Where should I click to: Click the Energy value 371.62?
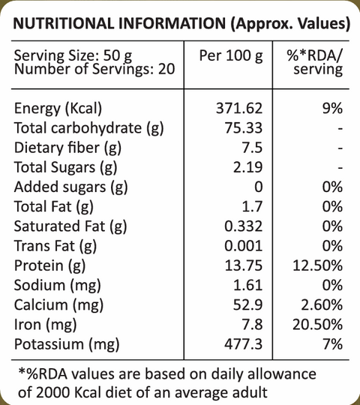coord(239,108)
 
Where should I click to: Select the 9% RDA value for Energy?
coord(332,108)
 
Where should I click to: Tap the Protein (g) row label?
coord(49,265)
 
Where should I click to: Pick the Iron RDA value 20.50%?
coord(318,325)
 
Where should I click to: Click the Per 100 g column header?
coord(231,56)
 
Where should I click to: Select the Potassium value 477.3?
coord(243,344)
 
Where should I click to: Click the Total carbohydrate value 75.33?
coord(244,127)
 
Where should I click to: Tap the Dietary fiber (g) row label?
coord(67,148)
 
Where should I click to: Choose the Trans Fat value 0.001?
coord(243,246)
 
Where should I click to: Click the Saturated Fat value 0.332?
coord(243,226)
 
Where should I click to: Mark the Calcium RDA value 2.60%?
coord(322,305)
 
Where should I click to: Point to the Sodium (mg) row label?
coord(57,286)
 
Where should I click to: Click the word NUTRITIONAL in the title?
coord(64,23)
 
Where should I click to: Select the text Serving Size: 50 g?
coord(73,55)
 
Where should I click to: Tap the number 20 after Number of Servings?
coord(166,69)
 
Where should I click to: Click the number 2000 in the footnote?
coord(52,393)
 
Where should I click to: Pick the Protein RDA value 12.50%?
coord(318,265)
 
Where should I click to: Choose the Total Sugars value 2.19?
coord(248,167)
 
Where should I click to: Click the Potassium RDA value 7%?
coord(333,344)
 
